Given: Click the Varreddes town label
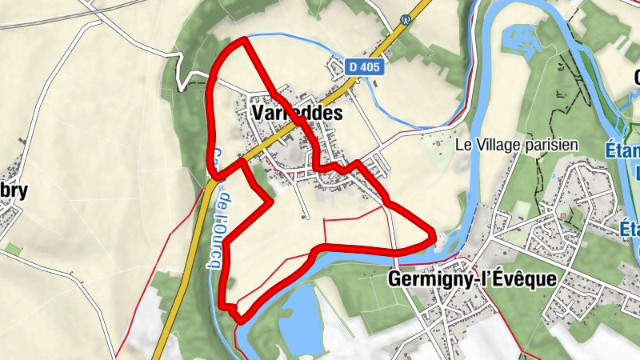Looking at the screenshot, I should click(296, 114).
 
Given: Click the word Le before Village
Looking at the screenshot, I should click(463, 145).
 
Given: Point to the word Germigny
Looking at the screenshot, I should click(423, 278).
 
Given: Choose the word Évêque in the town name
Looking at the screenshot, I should click(530, 278).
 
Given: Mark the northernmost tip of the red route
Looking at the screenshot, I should click(242, 39).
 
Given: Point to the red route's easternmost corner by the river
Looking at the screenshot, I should click(434, 236).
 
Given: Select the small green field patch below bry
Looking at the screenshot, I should click(11, 249).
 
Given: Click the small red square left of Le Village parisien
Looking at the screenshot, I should click(439, 144).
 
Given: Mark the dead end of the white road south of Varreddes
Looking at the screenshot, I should click(305, 217).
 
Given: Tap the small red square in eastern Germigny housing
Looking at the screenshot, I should click(564, 215).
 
